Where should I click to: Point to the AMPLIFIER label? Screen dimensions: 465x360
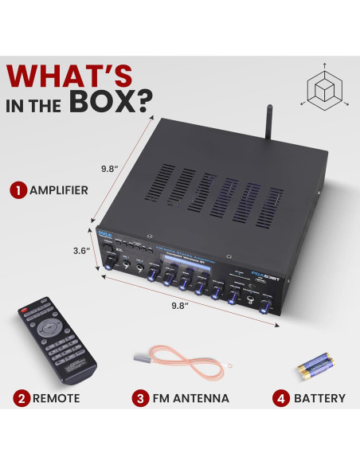[60, 191]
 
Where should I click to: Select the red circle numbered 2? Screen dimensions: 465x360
[17, 398]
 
